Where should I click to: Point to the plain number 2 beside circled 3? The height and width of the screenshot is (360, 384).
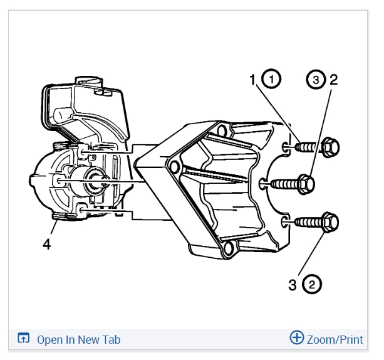(x=333, y=80)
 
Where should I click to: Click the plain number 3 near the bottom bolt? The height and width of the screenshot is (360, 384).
(x=292, y=286)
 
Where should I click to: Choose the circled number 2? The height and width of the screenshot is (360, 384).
(x=311, y=286)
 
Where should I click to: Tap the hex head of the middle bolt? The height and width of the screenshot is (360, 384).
(x=306, y=183)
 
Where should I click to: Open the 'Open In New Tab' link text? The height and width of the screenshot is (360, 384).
(x=78, y=340)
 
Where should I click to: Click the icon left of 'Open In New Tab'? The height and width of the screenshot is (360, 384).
(x=23, y=339)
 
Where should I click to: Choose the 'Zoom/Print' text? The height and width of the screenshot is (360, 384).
(x=335, y=340)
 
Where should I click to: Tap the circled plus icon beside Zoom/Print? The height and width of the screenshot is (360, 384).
(x=296, y=338)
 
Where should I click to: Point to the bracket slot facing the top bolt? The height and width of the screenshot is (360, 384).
(x=286, y=147)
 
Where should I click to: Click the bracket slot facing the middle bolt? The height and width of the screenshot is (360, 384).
(x=262, y=183)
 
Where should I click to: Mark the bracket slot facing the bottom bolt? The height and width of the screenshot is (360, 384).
(x=286, y=221)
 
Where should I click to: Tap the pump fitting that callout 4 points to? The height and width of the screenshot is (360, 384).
(x=61, y=218)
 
